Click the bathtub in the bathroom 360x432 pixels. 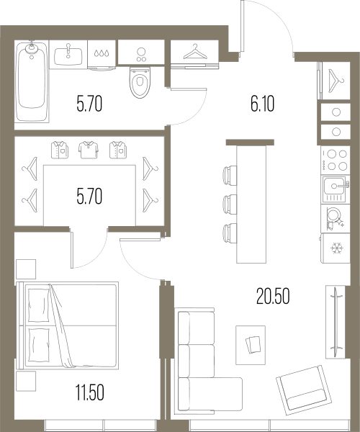32,81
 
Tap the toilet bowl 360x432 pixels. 140,83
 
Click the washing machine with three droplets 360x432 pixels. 102,55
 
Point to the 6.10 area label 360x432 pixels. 263,104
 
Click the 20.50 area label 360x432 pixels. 273,296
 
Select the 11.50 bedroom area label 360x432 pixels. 90,392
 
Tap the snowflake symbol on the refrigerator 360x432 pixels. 337,248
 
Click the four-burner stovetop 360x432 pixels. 336,160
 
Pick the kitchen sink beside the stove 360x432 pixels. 336,189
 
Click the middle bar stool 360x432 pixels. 230,204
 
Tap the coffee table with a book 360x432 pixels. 251,345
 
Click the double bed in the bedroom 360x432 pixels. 68,325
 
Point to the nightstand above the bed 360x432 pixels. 26,269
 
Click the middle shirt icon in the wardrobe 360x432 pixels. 89,150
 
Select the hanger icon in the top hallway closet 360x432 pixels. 195,52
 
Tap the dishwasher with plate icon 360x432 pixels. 336,218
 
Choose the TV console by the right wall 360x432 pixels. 336,322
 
